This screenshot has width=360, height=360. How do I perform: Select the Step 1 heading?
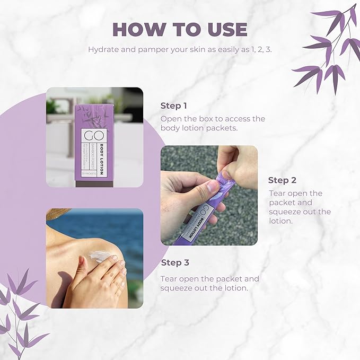[x=174, y=105]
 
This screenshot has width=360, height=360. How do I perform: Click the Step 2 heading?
[x=282, y=180]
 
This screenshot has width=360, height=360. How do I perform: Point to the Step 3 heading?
[x=174, y=262]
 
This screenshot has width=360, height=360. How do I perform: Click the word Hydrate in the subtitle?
[x=102, y=50]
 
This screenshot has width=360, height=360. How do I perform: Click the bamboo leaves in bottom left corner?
[x=21, y=313]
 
